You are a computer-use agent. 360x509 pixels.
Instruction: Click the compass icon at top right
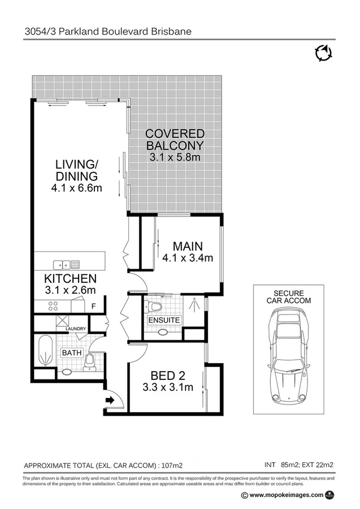pyautogui.click(x=323, y=54)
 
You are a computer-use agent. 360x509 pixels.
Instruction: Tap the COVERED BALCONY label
pyautogui.click(x=175, y=140)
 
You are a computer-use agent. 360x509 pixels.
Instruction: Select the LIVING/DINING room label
pyautogui.click(x=77, y=170)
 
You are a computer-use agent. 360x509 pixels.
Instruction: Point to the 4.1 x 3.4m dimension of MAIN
pyautogui.click(x=187, y=258)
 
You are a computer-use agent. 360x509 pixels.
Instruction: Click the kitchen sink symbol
pyautogui.click(x=67, y=264)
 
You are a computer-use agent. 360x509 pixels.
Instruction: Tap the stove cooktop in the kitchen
pyautogui.click(x=54, y=306)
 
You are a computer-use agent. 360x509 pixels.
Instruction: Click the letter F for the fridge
pyautogui.click(x=94, y=306)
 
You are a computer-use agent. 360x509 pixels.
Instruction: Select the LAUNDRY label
pyautogui.click(x=76, y=329)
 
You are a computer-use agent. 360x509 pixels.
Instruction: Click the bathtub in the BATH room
pyautogui.click(x=45, y=351)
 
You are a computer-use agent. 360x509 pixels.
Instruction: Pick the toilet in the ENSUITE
pyautogui.click(x=154, y=307)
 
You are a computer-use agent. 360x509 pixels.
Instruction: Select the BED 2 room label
pyautogui.click(x=168, y=376)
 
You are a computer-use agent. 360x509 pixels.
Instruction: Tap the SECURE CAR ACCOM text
pyautogui.click(x=288, y=297)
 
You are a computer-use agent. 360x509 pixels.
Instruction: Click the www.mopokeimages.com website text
pyautogui.click(x=287, y=495)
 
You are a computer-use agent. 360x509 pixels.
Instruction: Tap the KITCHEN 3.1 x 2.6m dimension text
pyautogui.click(x=71, y=290)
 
